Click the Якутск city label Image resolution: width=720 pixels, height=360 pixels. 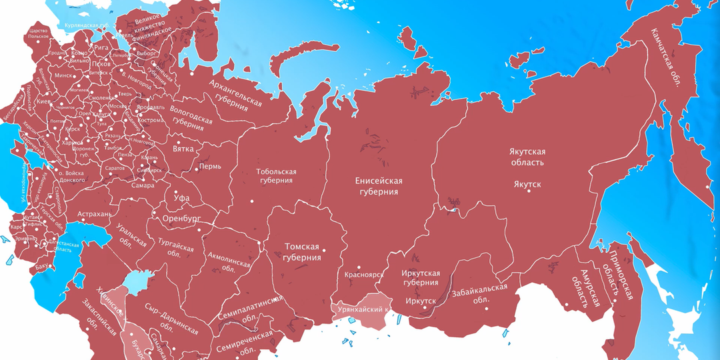point(527,183)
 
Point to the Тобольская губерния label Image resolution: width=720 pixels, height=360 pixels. point(276,176)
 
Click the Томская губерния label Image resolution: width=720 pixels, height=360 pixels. point(302,251)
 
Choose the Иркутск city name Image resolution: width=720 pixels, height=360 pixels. point(421,301)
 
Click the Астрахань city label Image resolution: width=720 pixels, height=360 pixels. point(96,215)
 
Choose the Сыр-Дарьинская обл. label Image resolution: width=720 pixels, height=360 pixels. point(171,322)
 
